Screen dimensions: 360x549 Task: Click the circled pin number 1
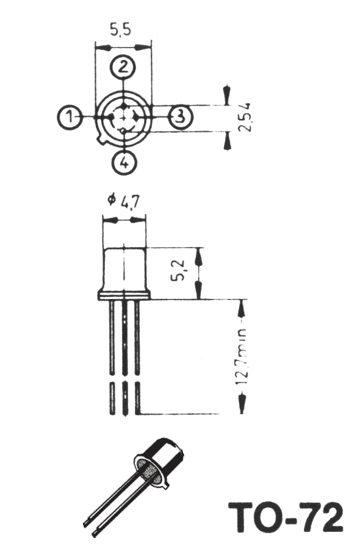[x=69, y=117]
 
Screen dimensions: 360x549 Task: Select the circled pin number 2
[x=123, y=67]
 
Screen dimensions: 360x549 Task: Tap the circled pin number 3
[x=181, y=115]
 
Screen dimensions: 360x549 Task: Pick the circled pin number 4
[x=124, y=162]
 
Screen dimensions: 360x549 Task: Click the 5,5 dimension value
[x=121, y=29]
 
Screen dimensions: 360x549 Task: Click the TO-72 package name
[x=285, y=517]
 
